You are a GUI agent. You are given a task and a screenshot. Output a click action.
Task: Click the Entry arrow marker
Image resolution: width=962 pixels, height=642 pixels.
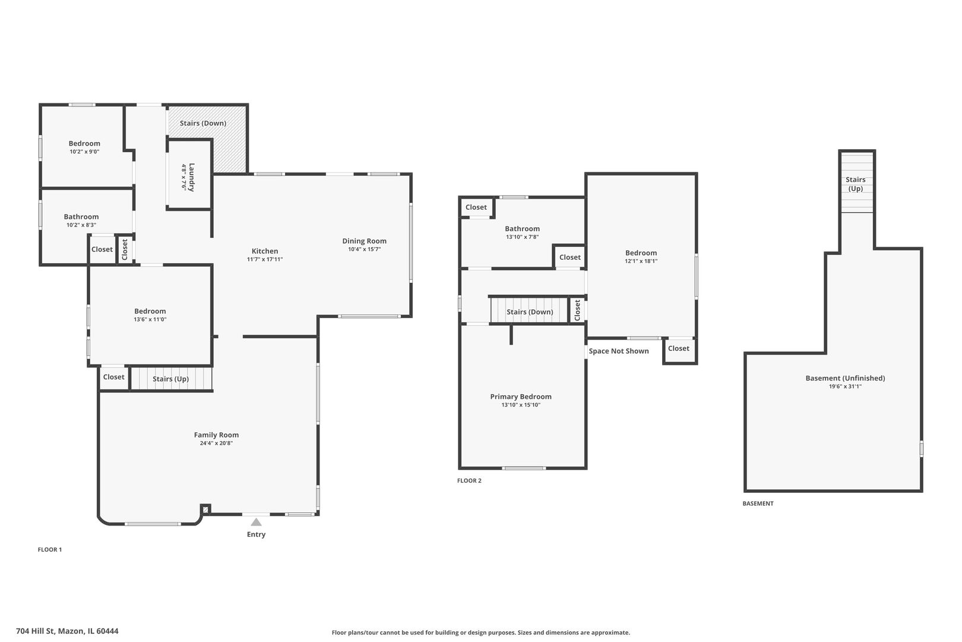256,521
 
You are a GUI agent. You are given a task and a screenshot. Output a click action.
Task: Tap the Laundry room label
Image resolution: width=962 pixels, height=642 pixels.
192,177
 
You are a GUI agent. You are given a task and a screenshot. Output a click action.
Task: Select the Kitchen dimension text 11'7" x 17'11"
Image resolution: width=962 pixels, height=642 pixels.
265,259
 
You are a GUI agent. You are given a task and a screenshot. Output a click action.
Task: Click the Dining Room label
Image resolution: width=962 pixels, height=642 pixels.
364,241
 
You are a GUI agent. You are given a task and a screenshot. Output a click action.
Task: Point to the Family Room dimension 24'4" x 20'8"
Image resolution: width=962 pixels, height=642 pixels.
216,443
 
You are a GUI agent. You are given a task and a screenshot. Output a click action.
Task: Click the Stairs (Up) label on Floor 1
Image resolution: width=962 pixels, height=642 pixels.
170,379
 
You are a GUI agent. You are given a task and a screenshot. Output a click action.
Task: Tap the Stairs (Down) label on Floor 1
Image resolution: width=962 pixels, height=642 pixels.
202,123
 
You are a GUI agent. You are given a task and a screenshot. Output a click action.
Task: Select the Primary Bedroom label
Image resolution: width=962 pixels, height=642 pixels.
521,396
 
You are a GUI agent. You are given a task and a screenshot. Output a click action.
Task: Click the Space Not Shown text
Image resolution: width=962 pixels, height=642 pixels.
618,351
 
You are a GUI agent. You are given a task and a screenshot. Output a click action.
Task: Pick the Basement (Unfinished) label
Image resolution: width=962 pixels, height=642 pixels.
845,378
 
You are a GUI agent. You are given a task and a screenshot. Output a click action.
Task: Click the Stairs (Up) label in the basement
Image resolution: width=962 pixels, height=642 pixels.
855,184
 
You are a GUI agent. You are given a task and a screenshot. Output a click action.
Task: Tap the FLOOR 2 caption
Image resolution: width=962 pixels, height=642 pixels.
469,480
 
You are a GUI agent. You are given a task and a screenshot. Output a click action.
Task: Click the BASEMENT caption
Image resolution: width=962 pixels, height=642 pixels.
758,503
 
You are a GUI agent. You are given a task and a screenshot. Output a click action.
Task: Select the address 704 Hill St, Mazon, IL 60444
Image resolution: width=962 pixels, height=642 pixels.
67,631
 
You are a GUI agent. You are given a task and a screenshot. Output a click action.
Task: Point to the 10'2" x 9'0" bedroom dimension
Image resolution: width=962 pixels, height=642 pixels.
84,152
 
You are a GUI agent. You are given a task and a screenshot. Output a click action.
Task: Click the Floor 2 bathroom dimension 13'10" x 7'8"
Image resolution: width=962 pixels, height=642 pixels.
522,237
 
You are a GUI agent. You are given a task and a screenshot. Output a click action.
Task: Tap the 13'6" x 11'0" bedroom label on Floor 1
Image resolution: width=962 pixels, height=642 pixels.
150,319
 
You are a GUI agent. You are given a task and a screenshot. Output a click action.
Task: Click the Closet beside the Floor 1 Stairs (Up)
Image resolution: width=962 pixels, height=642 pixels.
113,377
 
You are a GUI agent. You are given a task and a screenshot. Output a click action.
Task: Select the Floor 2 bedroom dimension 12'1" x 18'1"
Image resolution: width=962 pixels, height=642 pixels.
641,260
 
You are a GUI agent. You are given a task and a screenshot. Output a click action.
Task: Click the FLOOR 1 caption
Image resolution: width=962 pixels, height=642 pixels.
49,549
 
